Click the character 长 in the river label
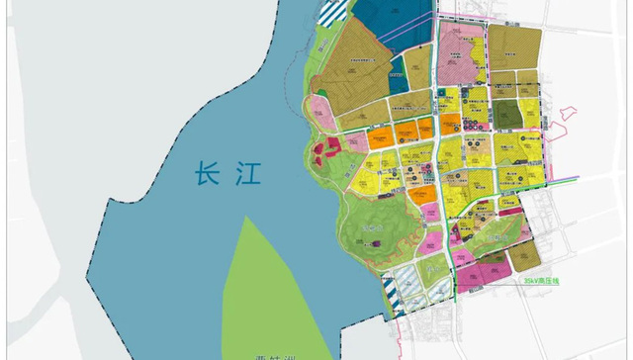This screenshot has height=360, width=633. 207,175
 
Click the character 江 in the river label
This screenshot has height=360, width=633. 245,175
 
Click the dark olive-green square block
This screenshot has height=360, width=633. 505,113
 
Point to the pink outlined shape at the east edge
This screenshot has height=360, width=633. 567,123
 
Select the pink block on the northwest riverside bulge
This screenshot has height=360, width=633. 319,109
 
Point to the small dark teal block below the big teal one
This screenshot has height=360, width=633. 397,71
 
